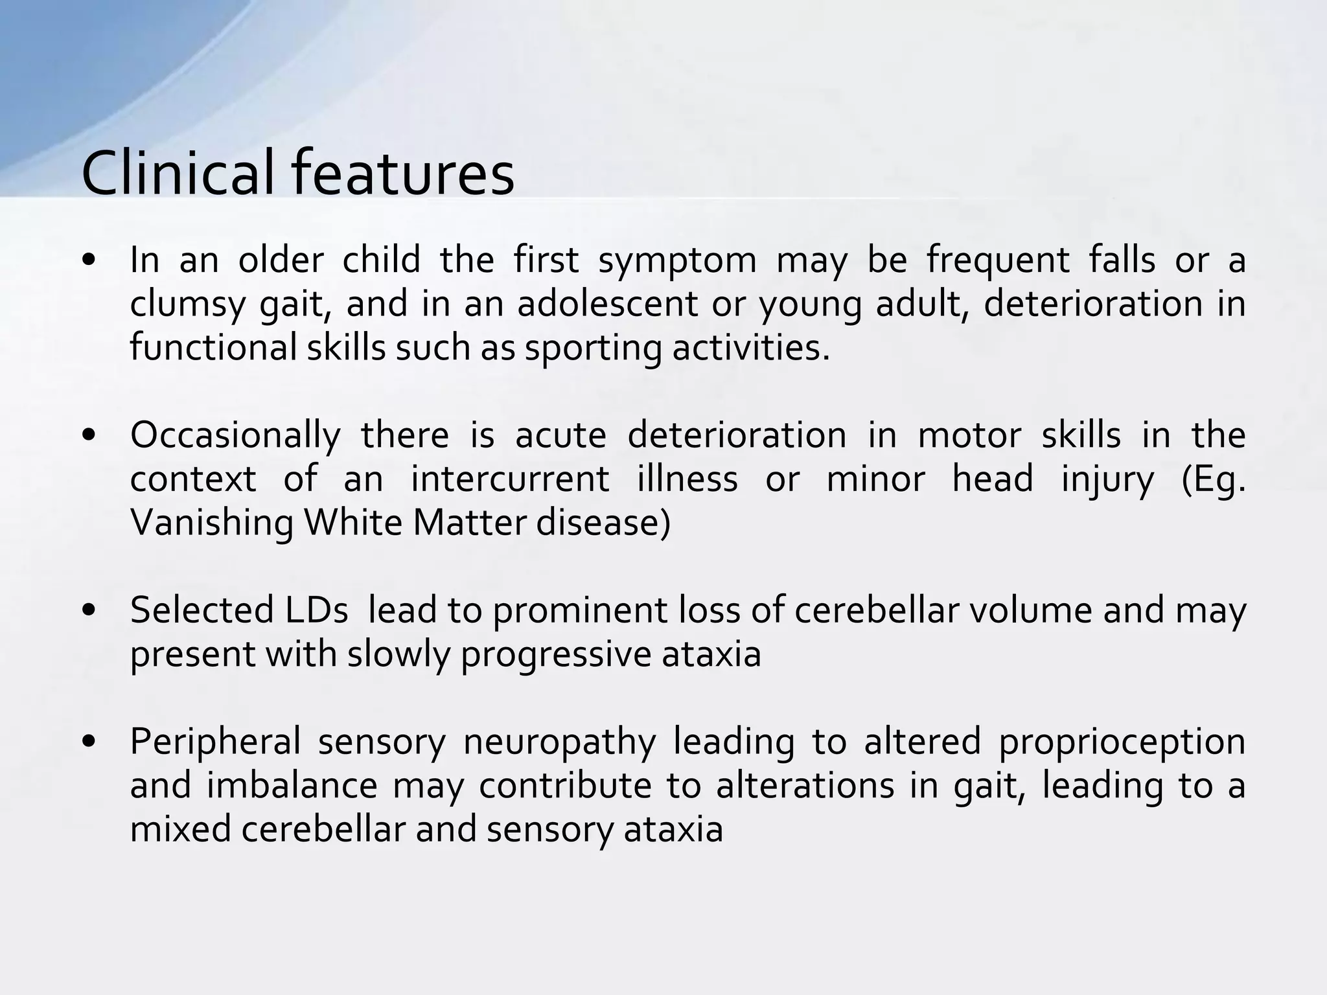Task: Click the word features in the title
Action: point(402,174)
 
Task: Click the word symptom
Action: point(676,261)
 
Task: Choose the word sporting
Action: point(593,348)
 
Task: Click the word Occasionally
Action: point(235,435)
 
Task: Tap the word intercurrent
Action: point(510,479)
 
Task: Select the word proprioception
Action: point(1122,742)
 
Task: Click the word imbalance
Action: point(292,786)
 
